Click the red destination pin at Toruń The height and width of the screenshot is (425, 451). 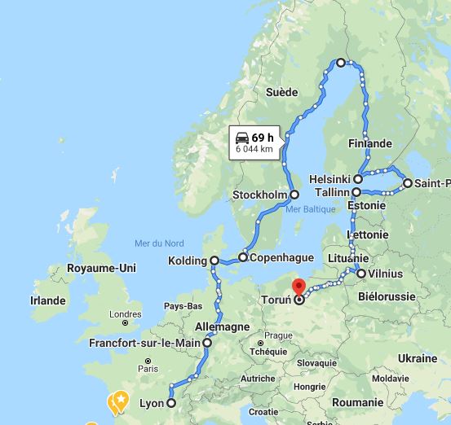pyautogui.click(x=298, y=288)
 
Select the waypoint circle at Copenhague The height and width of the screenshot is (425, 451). pyautogui.click(x=243, y=257)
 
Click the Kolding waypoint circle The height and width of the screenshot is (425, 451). pyautogui.click(x=214, y=261)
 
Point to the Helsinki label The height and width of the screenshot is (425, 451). pyautogui.click(x=330, y=179)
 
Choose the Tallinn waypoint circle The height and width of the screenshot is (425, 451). pyautogui.click(x=356, y=191)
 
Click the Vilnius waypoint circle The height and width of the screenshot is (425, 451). pyautogui.click(x=361, y=274)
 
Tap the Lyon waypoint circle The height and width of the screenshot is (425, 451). pyautogui.click(x=171, y=403)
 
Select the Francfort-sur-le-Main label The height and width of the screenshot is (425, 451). pyautogui.click(x=146, y=344)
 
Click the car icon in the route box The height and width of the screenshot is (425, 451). pyautogui.click(x=242, y=137)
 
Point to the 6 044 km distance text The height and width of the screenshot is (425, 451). pyautogui.click(x=254, y=150)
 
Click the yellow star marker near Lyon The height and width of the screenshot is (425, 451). pyautogui.click(x=121, y=400)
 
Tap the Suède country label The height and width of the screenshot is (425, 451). pyautogui.click(x=281, y=92)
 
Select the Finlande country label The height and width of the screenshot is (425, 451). pyautogui.click(x=370, y=143)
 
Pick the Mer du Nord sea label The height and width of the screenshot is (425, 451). pyautogui.click(x=158, y=243)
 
